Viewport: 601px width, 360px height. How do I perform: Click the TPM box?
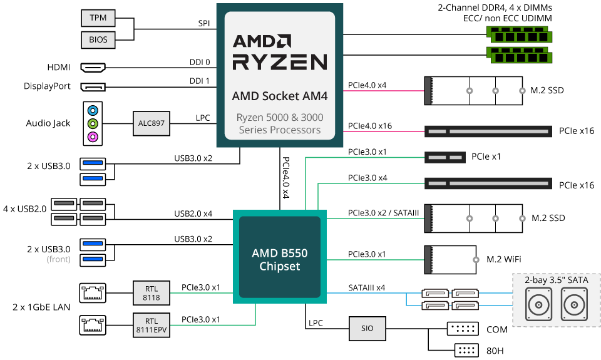98,18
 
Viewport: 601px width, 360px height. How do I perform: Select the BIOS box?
98,40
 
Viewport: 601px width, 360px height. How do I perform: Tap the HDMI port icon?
93,68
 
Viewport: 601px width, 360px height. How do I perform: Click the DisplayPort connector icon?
93,86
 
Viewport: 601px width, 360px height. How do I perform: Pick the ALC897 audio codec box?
152,123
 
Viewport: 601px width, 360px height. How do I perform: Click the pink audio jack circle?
93,136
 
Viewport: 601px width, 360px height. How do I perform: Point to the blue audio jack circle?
93,110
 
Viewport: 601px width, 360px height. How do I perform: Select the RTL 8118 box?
152,293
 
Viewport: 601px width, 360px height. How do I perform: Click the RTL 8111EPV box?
152,325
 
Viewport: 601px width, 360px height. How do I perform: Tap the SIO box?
367,329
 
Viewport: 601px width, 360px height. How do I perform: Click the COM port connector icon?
463,329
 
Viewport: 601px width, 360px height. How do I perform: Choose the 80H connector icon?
466,350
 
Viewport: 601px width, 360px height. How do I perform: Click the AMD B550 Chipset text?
280,260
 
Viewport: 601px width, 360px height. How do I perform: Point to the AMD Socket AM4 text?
280,96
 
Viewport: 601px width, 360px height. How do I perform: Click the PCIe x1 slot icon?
445,157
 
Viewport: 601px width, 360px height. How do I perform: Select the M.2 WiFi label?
503,260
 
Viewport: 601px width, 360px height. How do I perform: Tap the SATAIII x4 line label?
366,287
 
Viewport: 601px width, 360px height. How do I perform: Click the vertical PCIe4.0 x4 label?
285,178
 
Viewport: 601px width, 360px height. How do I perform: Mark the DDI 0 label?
200,62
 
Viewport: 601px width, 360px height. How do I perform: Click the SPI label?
204,23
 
